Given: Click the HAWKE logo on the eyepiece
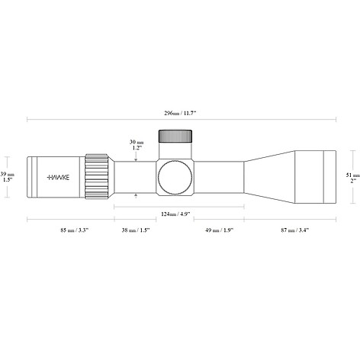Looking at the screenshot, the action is (x=58, y=177).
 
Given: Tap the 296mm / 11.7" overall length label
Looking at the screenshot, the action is (x=180, y=113).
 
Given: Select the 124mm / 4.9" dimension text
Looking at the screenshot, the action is (x=175, y=214).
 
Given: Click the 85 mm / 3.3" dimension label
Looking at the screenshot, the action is (x=74, y=230).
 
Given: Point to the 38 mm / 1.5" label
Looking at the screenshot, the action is (x=136, y=230).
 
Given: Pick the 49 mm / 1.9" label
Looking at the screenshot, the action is (x=219, y=230).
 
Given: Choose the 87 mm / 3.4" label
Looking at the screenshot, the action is (x=295, y=230).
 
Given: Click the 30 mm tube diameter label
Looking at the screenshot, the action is (x=137, y=142).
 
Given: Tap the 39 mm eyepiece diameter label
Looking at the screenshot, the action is (x=7, y=174).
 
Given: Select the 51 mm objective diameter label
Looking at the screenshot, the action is (x=353, y=175).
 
